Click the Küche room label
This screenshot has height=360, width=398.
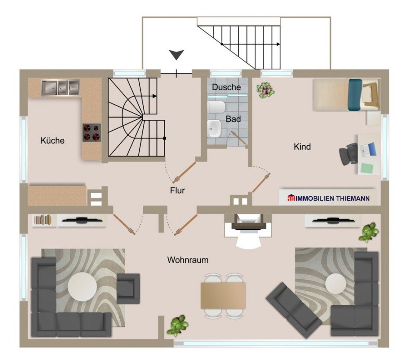(52, 140)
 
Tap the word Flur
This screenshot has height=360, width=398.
(177, 191)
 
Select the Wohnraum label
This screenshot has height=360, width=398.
(188, 260)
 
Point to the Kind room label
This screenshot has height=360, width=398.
(302, 147)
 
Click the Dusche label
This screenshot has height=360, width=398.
(226, 87)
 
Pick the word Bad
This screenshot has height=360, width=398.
(233, 119)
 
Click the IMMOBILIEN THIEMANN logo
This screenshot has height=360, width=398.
(328, 198)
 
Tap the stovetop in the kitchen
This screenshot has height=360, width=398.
(92, 133)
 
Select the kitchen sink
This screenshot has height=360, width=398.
(61, 87)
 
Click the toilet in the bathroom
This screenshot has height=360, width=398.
(216, 107)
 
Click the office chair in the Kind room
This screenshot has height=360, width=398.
(348, 153)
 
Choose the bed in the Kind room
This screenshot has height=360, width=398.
(347, 95)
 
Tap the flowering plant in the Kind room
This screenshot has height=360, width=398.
(266, 90)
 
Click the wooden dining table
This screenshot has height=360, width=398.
(223, 296)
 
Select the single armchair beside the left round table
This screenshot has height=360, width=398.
(128, 288)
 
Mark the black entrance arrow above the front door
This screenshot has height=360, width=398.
(177, 54)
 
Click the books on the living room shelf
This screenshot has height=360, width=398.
(43, 220)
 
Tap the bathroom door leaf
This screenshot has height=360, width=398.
(239, 138)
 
